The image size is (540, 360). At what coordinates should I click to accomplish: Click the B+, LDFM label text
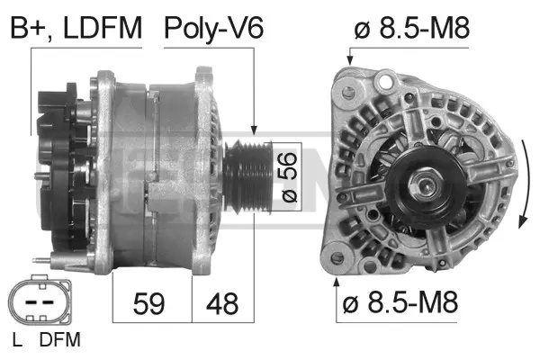[x=76, y=29]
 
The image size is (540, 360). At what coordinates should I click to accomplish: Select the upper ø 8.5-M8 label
[x=413, y=29]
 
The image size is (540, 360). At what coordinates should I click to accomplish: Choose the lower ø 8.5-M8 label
[x=400, y=304]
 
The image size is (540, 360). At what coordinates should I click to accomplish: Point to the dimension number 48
[x=222, y=304]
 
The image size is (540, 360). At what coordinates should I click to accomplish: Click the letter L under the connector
[x=17, y=340]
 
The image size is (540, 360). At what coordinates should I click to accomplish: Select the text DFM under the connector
[x=60, y=340]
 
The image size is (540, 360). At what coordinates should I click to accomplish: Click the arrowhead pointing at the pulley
[x=256, y=132]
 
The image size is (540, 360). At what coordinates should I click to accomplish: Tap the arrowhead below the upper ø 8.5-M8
[x=349, y=59]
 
